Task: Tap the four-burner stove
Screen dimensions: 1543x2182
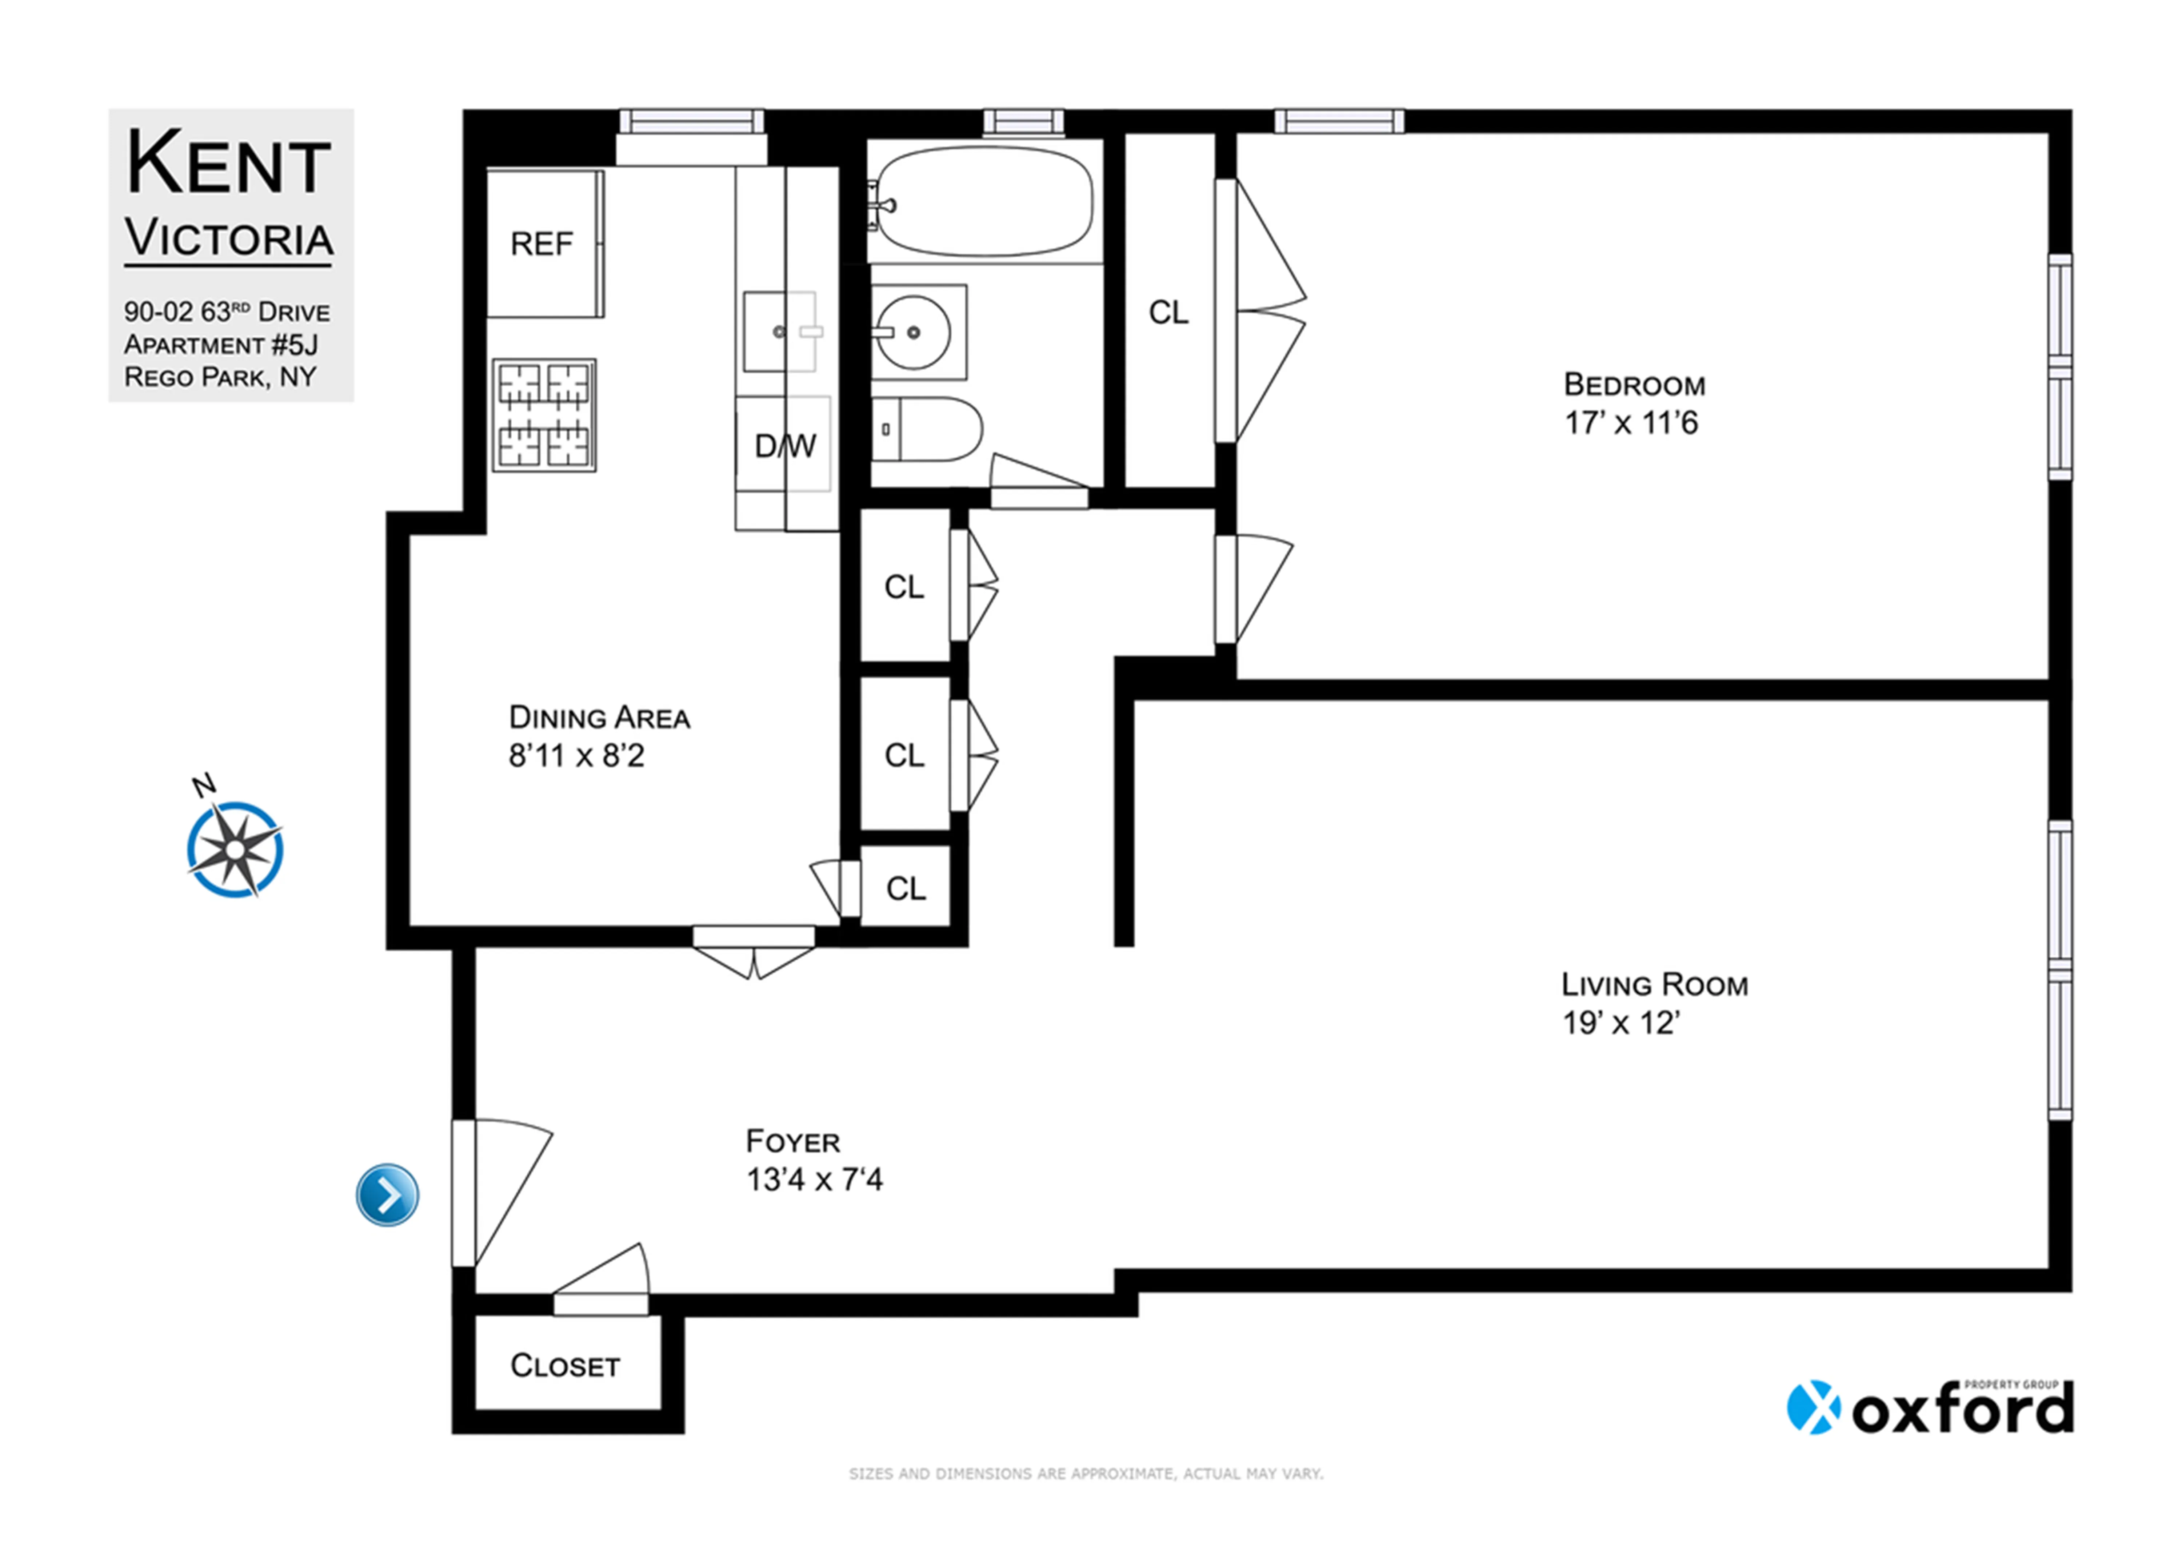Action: [544, 415]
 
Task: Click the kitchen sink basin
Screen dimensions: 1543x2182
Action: [778, 331]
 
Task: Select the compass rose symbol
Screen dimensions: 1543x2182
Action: [235, 848]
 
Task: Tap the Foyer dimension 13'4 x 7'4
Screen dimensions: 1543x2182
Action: [815, 1180]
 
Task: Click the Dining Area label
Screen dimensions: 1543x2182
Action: [600, 718]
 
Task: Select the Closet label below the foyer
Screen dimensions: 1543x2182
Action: [566, 1366]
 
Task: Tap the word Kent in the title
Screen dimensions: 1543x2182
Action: [228, 164]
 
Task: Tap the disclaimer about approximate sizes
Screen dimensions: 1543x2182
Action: [1085, 1474]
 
